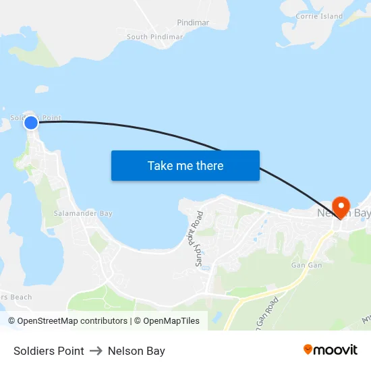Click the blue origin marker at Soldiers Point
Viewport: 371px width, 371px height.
point(31,123)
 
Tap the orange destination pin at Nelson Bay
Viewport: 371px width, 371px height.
point(341,206)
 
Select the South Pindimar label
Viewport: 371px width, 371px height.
point(154,37)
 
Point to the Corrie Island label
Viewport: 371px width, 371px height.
point(319,16)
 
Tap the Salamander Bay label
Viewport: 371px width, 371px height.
point(83,213)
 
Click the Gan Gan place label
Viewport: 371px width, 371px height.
point(306,265)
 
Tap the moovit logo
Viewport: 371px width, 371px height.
point(331,350)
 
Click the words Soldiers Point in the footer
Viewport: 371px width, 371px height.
point(49,351)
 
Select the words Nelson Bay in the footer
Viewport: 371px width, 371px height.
point(136,351)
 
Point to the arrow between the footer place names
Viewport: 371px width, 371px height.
point(96,351)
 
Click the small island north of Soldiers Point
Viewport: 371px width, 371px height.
point(42,89)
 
